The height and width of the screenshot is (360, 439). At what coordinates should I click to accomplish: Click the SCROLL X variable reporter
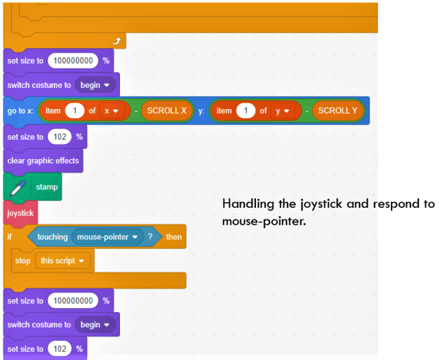(x=167, y=110)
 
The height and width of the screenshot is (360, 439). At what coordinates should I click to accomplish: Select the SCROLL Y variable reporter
(x=337, y=110)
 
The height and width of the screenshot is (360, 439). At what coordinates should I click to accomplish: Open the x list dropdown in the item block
(x=111, y=111)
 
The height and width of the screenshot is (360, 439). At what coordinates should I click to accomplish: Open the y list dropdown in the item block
(x=282, y=111)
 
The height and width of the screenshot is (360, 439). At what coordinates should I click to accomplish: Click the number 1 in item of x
(x=75, y=111)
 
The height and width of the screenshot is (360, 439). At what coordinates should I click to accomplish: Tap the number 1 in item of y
(x=246, y=111)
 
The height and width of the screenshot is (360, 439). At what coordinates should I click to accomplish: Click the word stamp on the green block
(x=47, y=187)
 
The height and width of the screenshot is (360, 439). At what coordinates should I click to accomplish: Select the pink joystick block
(x=21, y=213)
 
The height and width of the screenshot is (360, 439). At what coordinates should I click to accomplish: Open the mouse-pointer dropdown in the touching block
(x=108, y=237)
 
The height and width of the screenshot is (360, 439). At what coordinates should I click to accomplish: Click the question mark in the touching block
(x=150, y=237)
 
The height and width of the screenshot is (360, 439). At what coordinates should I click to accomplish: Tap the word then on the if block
(x=174, y=237)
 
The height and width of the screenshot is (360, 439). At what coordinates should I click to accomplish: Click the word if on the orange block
(x=10, y=237)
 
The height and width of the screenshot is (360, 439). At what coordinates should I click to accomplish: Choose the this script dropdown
(x=62, y=261)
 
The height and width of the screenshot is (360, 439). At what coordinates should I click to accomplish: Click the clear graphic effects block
(x=43, y=160)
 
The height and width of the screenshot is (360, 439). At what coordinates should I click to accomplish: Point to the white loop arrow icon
(x=117, y=41)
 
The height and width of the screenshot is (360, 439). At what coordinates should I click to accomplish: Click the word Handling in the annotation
(x=248, y=204)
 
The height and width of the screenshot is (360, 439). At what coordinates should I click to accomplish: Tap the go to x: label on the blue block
(x=21, y=111)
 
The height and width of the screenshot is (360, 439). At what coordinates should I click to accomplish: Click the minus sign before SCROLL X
(x=136, y=111)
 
